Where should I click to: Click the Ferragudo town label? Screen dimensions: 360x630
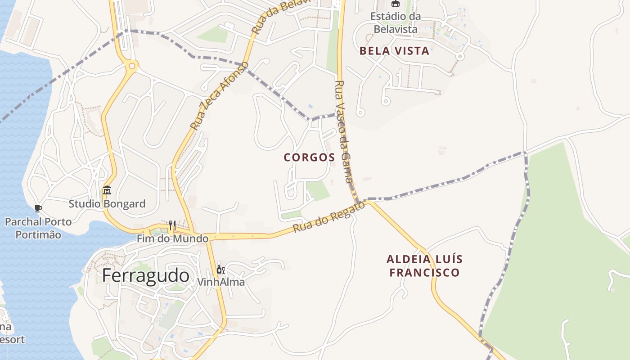[145, 275]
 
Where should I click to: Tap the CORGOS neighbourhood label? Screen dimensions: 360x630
[310, 157]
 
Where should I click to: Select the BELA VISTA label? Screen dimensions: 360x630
[394, 51]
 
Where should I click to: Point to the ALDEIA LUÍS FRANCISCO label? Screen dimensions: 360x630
[424, 266]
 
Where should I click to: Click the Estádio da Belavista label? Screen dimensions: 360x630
[395, 22]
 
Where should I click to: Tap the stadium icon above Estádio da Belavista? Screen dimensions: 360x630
[395, 4]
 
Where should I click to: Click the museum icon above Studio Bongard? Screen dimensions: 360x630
[107, 191]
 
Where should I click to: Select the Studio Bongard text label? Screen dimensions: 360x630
[107, 204]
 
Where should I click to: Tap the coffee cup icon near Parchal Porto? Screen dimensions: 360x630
[38, 208]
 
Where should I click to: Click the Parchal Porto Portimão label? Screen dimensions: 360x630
[38, 228]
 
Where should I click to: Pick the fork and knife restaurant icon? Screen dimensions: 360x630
[172, 225]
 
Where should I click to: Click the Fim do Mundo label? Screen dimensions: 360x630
[173, 238]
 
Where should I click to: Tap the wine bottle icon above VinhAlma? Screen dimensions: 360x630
[220, 270]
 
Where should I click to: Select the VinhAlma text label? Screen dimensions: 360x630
[221, 282]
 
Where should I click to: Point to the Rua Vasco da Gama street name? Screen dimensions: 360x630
[344, 131]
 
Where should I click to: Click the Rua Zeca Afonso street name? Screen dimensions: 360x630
[219, 96]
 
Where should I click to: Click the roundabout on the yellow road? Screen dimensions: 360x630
[131, 67]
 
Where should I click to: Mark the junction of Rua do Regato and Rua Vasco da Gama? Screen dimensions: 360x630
[368, 202]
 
